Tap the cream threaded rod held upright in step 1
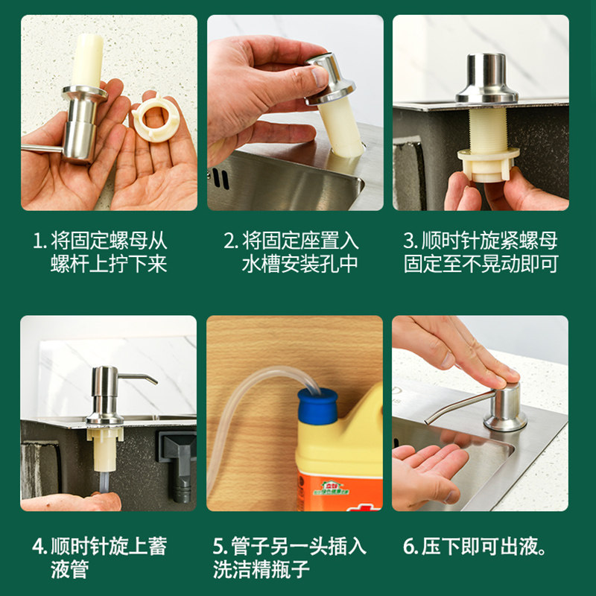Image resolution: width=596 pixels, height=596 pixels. (x=88, y=60)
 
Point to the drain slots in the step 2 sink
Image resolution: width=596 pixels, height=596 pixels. (x=221, y=179)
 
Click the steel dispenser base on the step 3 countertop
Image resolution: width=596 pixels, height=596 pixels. (x=487, y=79)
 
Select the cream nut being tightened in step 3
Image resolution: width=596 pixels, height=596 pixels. (x=489, y=164)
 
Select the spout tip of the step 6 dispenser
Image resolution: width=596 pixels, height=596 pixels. (x=428, y=421)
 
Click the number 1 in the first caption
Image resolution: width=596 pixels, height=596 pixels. (x=37, y=241)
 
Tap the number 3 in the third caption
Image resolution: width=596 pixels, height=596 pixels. (x=408, y=241)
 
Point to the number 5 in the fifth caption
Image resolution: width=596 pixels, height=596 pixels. (x=218, y=547)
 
